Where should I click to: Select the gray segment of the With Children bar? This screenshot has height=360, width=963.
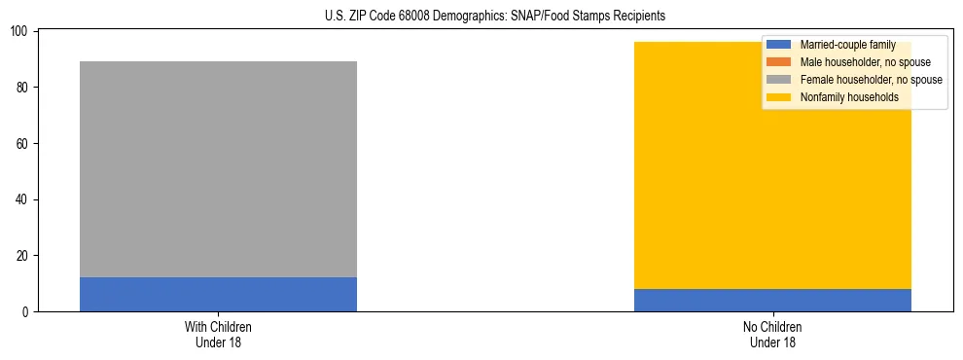(218, 169)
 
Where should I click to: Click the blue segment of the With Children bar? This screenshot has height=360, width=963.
(218, 294)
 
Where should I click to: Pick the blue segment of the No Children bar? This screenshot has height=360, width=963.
(772, 300)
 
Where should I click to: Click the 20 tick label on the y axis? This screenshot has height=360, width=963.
(22, 256)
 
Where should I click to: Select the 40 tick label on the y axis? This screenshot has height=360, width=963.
(22, 199)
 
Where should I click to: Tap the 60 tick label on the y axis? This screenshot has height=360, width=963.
(22, 144)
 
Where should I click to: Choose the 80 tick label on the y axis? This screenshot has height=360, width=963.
(22, 88)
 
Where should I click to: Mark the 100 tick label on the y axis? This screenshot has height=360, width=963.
(19, 32)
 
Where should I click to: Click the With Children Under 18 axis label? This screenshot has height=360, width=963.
(218, 334)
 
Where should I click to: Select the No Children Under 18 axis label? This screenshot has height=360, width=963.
(772, 334)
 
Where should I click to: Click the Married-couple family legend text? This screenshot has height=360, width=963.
(847, 45)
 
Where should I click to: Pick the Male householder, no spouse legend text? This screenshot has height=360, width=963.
(865, 62)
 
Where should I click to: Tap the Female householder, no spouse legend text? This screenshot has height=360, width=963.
(871, 80)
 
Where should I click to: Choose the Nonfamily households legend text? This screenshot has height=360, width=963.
(849, 97)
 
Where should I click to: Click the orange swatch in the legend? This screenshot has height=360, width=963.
(779, 62)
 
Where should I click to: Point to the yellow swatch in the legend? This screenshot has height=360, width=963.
(779, 97)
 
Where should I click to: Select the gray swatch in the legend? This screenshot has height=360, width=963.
(779, 80)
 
